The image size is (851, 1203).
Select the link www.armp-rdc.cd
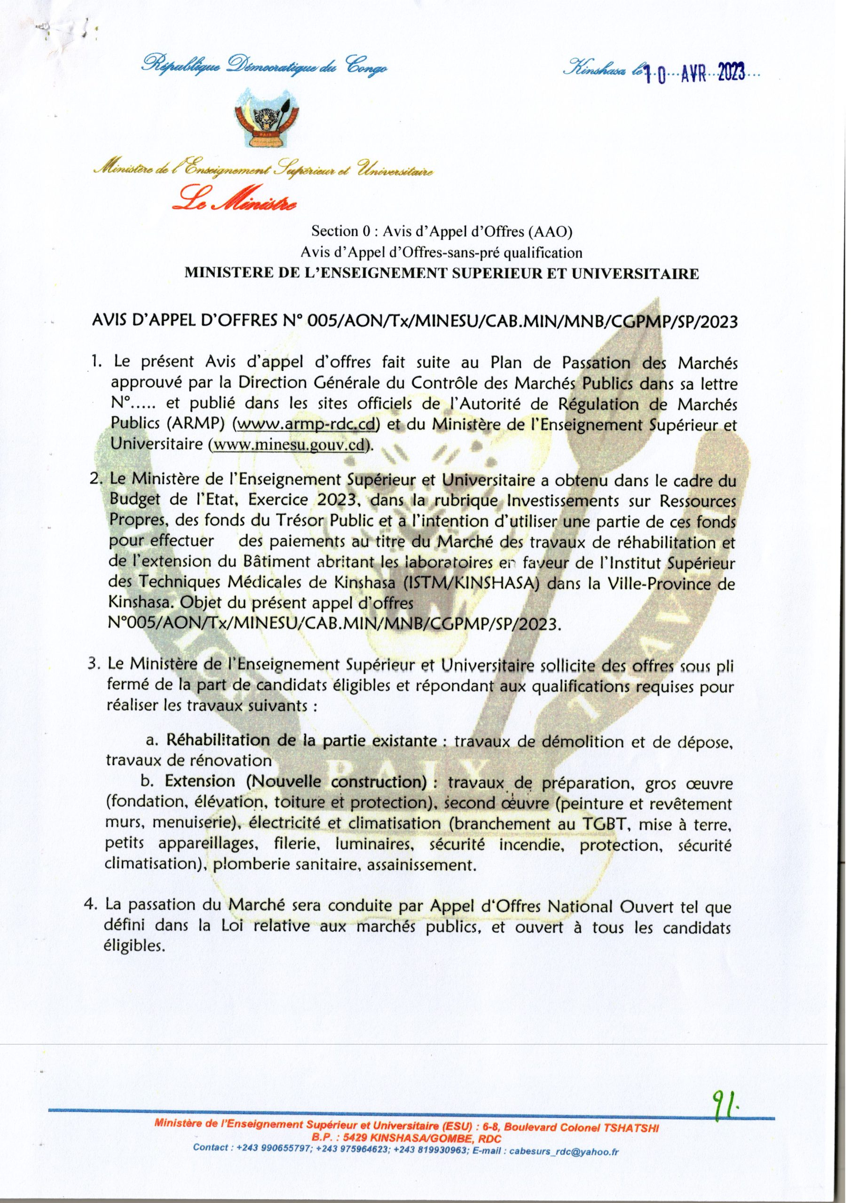click(x=307, y=424)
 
